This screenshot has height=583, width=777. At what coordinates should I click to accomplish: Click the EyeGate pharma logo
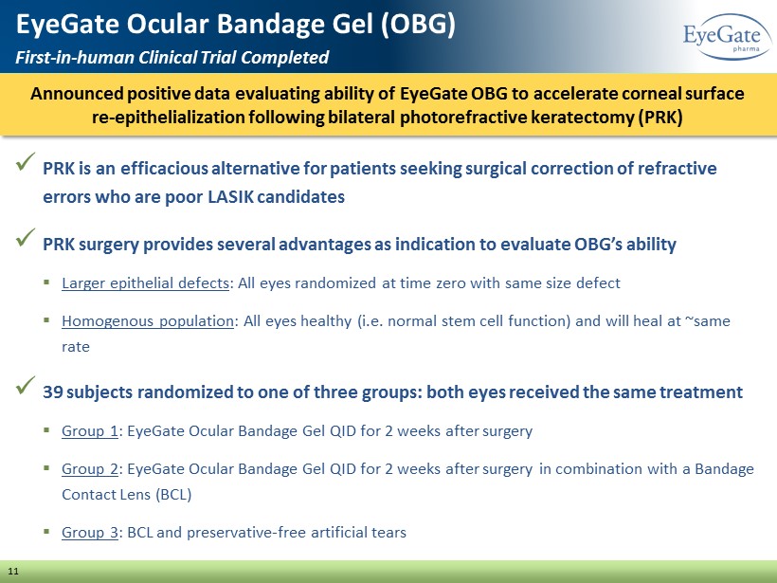tap(727, 37)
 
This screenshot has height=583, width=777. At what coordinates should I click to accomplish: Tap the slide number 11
tap(13, 571)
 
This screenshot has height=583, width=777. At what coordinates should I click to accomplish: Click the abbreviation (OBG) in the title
tap(418, 24)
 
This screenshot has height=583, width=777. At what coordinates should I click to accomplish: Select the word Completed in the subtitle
tap(284, 58)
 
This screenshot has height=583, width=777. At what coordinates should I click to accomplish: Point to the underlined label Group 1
tap(90, 430)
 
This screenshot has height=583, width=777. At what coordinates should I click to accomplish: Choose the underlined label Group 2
tap(90, 468)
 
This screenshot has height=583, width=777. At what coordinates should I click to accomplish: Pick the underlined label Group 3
tap(90, 532)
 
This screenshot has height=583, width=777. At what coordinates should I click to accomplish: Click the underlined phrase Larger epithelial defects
tap(145, 283)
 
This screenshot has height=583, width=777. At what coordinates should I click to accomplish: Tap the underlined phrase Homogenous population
tap(148, 321)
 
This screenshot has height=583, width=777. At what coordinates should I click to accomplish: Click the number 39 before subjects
tap(52, 392)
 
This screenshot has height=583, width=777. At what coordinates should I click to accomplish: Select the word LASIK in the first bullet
tap(230, 197)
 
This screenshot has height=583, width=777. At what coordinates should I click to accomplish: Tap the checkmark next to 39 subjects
tap(26, 385)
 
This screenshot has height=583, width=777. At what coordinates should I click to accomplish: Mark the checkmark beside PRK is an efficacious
tap(26, 161)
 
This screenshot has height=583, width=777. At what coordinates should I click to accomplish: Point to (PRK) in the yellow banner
tap(660, 118)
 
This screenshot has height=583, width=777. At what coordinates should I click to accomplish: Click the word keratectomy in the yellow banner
tap(582, 118)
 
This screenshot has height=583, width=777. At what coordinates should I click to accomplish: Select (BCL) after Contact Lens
tap(173, 494)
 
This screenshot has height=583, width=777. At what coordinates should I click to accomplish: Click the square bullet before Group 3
tap(46, 531)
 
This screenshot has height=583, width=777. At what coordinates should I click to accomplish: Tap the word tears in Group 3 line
tap(390, 533)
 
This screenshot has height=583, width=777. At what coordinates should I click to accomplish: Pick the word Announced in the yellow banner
tap(77, 94)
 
